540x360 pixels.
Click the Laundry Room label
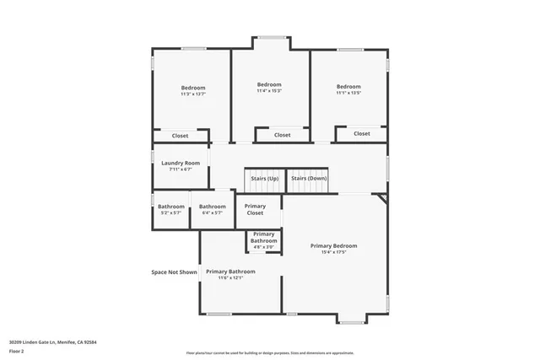pyautogui.click(x=181, y=163)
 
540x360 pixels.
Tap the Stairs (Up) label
pyautogui.click(x=264, y=178)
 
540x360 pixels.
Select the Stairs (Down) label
pyautogui.click(x=309, y=178)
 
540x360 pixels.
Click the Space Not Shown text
pyautogui.click(x=174, y=271)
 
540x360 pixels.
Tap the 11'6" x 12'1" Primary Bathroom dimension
pyautogui.click(x=230, y=277)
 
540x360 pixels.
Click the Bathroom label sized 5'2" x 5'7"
pyautogui.click(x=170, y=207)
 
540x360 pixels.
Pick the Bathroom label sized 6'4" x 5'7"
pyautogui.click(x=213, y=207)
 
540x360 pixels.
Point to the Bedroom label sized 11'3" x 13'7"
pyautogui.click(x=192, y=88)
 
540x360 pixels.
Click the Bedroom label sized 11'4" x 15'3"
pyautogui.click(x=269, y=84)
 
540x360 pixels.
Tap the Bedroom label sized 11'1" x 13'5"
pyautogui.click(x=348, y=87)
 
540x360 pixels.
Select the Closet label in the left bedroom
pyautogui.click(x=181, y=135)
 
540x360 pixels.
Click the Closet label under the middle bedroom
pyautogui.click(x=282, y=134)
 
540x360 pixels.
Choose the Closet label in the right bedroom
pyautogui.click(x=361, y=133)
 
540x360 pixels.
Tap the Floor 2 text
pyautogui.click(x=17, y=351)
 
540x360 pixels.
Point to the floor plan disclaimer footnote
pyautogui.click(x=269, y=352)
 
